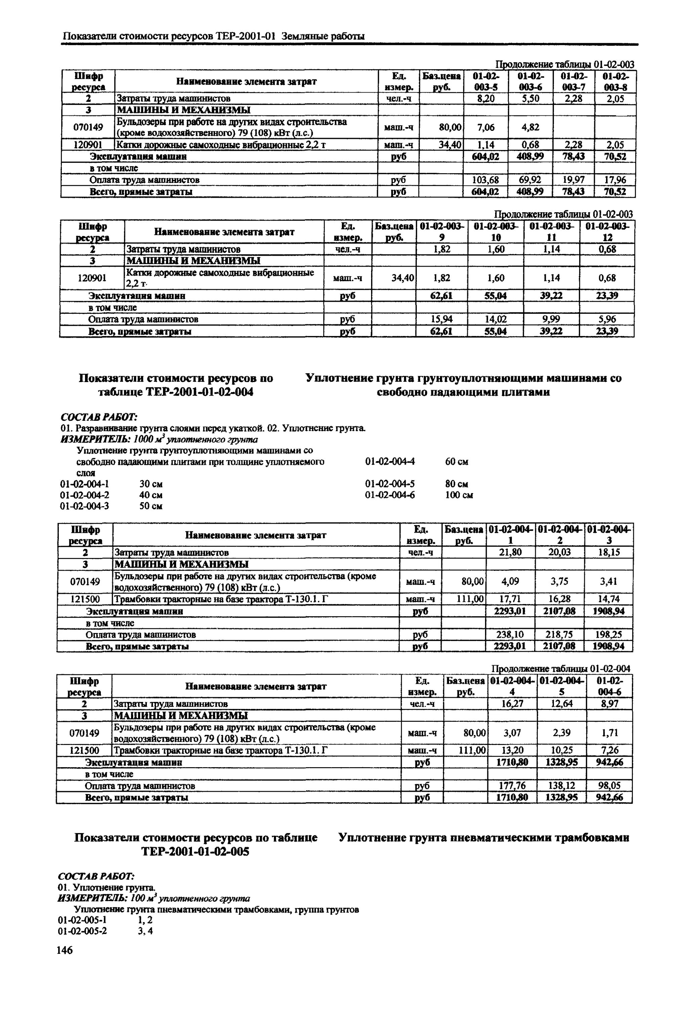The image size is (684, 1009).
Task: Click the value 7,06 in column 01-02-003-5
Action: click(x=485, y=127)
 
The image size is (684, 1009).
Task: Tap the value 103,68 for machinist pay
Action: click(x=485, y=180)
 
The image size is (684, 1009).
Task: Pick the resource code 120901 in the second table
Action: click(x=91, y=278)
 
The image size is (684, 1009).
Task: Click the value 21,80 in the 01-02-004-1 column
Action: click(x=511, y=552)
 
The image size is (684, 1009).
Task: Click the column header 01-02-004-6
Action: click(x=608, y=686)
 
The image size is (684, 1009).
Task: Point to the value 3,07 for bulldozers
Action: click(x=512, y=733)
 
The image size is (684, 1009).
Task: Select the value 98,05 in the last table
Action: click(x=608, y=785)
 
